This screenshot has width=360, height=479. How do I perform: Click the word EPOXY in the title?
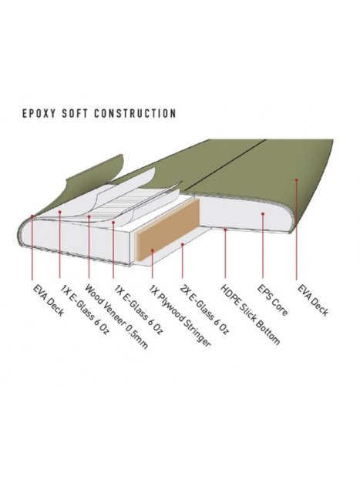[x=39, y=113]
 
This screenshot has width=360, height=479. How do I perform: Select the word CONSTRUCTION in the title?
[x=135, y=113]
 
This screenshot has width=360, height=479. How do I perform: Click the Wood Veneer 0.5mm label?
[x=116, y=317]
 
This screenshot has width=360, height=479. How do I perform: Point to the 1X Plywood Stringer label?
[x=180, y=316]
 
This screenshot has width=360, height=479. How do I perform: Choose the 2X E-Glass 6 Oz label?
[x=204, y=310]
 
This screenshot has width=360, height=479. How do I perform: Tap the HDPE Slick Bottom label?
[x=250, y=315]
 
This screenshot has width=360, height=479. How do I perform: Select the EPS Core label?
[x=272, y=300]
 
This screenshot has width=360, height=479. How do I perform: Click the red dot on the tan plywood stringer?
[x=152, y=250]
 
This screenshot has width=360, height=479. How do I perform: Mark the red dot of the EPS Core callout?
[x=263, y=214]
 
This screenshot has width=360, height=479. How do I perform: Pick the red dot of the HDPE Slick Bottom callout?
[x=225, y=229]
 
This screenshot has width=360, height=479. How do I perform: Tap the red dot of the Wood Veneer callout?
[x=89, y=216]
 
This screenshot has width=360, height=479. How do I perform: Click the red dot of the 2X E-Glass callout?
[x=182, y=244]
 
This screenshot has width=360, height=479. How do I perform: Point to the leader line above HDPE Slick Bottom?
[x=225, y=253]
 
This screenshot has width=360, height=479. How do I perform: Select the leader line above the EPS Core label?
[x=263, y=246]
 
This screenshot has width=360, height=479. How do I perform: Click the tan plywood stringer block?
[x=168, y=229]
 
